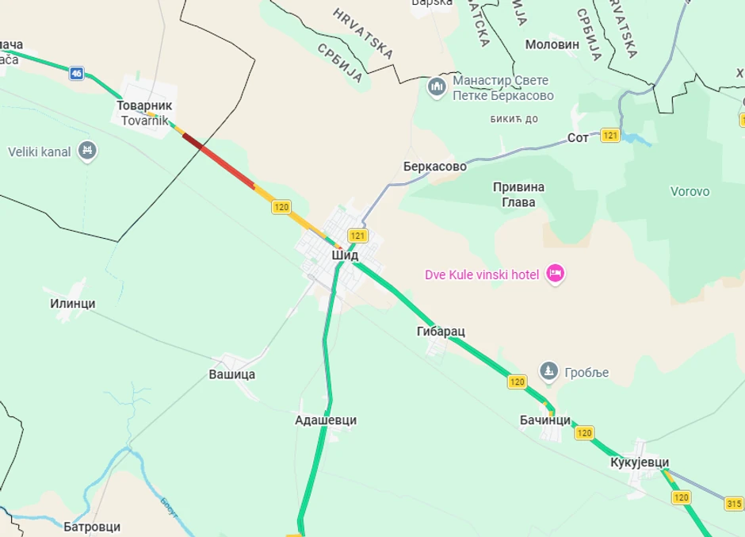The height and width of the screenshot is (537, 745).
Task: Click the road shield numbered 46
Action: [x=76, y=74]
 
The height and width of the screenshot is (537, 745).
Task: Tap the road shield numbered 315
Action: [x=733, y=504]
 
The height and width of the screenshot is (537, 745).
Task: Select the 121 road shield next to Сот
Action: [x=609, y=136]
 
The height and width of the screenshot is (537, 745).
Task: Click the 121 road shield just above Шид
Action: [x=358, y=236]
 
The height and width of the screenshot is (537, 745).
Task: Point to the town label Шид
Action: [x=345, y=255]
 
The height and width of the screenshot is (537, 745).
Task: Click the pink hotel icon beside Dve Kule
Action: [x=556, y=274]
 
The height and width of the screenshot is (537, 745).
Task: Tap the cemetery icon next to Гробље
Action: [x=548, y=370]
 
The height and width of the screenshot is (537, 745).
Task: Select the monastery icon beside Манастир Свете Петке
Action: [x=437, y=87]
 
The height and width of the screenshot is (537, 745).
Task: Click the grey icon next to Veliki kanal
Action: [x=87, y=151]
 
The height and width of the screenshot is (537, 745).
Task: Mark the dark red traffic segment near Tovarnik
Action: [x=193, y=141]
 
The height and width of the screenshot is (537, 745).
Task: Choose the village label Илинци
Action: [x=73, y=303]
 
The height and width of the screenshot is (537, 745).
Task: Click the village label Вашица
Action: [x=232, y=374]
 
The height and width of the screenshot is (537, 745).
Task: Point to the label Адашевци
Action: [x=326, y=420]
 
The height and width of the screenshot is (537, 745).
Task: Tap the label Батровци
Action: [x=92, y=526]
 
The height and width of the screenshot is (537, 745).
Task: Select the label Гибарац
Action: [x=441, y=331]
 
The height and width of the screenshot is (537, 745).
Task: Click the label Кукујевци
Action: [x=640, y=462]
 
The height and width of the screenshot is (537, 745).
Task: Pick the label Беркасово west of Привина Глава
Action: [x=434, y=167]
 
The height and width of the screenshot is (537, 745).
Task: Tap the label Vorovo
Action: [x=690, y=191]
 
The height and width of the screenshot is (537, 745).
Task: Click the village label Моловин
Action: [x=552, y=44]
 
